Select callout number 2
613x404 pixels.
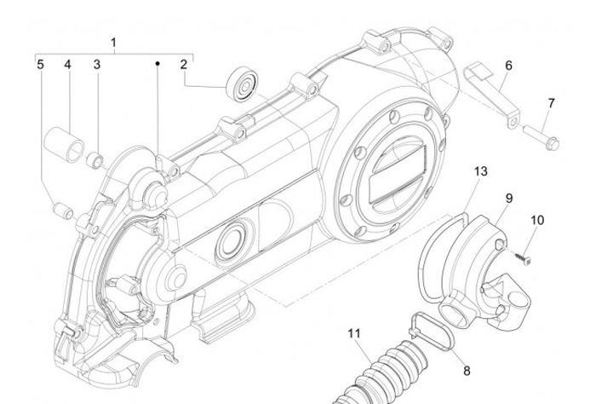183,64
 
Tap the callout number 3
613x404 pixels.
97,64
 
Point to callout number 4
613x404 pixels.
67,64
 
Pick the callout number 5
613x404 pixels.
39,64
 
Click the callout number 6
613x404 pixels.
508,65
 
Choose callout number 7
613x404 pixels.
551,102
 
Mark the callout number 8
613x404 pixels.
466,371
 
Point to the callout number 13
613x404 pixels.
481,171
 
